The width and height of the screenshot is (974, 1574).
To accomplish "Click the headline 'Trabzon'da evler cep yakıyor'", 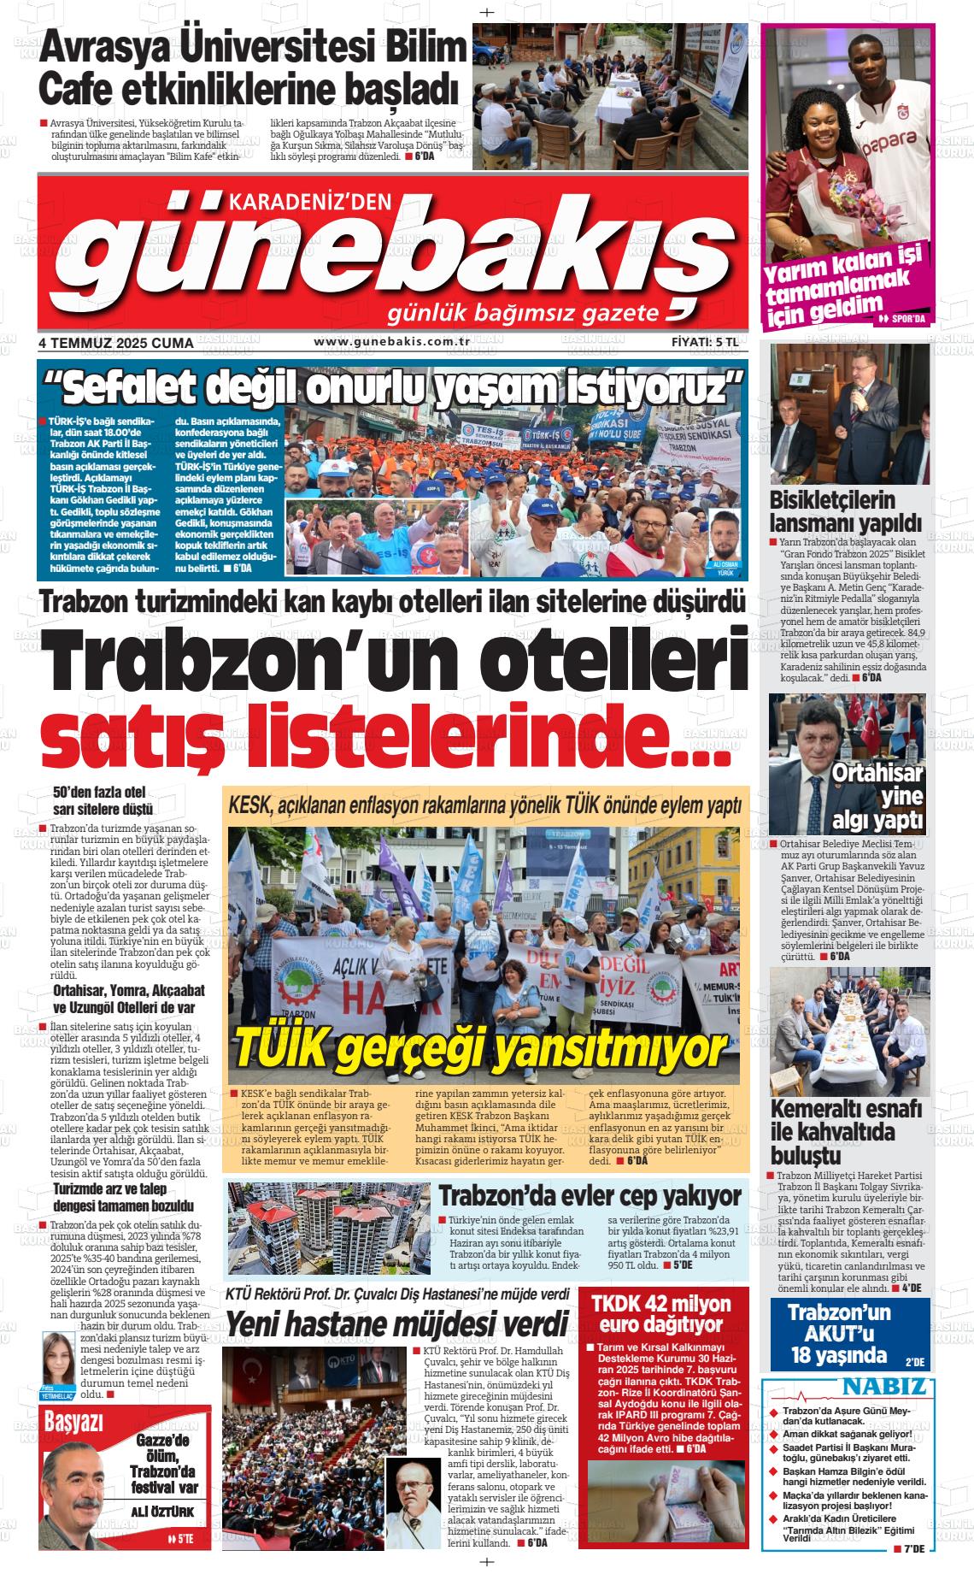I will pos(590,1194).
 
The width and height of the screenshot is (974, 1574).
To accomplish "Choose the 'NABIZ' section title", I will pos(884,1386).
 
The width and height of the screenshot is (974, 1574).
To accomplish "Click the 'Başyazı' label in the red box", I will pos(73,1423).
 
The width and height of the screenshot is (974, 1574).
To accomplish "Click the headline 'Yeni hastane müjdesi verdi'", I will pos(396,1323).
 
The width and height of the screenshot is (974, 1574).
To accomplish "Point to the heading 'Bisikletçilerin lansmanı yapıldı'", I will pos(834,511).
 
